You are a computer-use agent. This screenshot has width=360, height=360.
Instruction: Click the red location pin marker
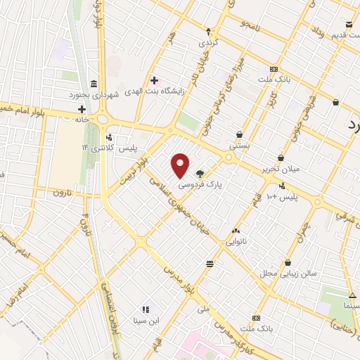[x=181, y=165]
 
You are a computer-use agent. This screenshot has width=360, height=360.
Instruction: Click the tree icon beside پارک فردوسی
[x=200, y=172]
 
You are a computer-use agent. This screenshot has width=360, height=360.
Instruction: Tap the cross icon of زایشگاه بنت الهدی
[x=154, y=80]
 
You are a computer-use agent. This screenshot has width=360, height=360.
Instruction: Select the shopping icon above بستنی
[x=240, y=134]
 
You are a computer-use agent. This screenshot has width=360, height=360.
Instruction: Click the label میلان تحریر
[x=281, y=169]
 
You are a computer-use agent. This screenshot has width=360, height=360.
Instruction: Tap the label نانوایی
[x=236, y=241]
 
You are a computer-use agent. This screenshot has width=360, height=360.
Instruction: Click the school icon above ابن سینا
[x=146, y=309]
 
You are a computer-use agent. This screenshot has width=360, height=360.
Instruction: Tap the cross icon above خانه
[x=82, y=109]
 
